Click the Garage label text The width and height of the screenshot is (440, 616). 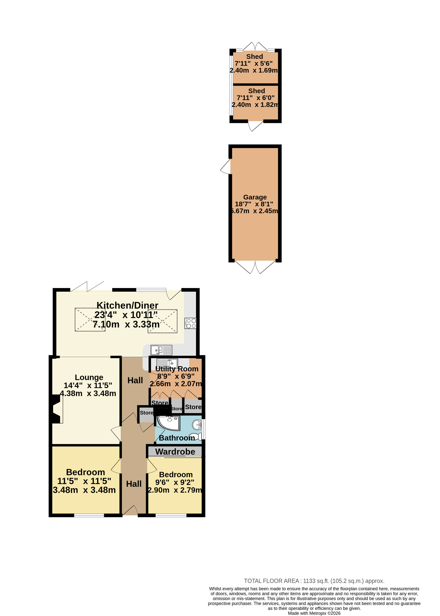click(255, 197)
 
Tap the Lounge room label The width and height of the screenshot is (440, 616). click(89, 377)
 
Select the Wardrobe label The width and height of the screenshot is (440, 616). click(175, 452)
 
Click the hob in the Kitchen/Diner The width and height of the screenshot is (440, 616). click(190, 323)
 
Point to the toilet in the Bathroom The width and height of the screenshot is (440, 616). click(196, 437)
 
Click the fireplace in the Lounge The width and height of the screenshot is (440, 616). click(56, 409)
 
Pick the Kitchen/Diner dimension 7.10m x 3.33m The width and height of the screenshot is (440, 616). click(126, 324)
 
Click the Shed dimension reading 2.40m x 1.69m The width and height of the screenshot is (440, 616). click(254, 70)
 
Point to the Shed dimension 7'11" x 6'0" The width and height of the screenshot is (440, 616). click(256, 98)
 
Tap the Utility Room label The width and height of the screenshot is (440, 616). click(177, 369)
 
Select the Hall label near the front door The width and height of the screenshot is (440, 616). click(134, 484)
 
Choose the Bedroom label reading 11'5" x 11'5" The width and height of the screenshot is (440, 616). click(84, 481)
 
